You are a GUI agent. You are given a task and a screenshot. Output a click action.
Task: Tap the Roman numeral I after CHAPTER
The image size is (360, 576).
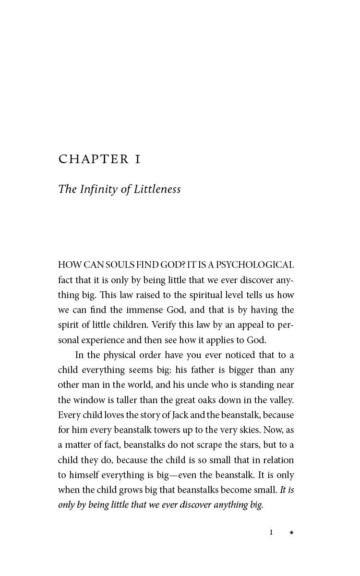138,159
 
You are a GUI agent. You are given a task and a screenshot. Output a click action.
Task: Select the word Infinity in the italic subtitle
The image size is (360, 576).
98,189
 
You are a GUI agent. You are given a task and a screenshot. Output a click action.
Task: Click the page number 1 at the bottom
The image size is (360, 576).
271,532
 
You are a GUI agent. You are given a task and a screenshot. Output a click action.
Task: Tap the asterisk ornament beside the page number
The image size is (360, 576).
291,533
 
